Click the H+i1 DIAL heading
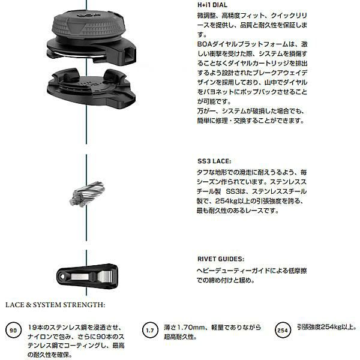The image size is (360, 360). pos(212,5)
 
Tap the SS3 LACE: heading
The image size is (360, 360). pos(214,161)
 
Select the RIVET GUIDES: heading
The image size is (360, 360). pos(221,259)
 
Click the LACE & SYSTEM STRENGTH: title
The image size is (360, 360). pos(55,305)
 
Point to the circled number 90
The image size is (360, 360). pos(13,330)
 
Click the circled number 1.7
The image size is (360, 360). pos(150,330)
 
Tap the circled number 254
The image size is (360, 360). pos(283,330)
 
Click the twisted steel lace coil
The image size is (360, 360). pos(87,194)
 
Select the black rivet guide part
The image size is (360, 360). pos(87,276)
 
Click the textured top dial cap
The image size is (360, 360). pos(88,25)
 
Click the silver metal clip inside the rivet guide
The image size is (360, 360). pos(92,276)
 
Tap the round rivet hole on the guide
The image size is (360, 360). pos(62,277)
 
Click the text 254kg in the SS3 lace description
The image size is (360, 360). pos(226,201)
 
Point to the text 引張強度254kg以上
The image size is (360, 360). pos(326,327)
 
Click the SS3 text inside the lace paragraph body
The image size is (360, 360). pos(232,191)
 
